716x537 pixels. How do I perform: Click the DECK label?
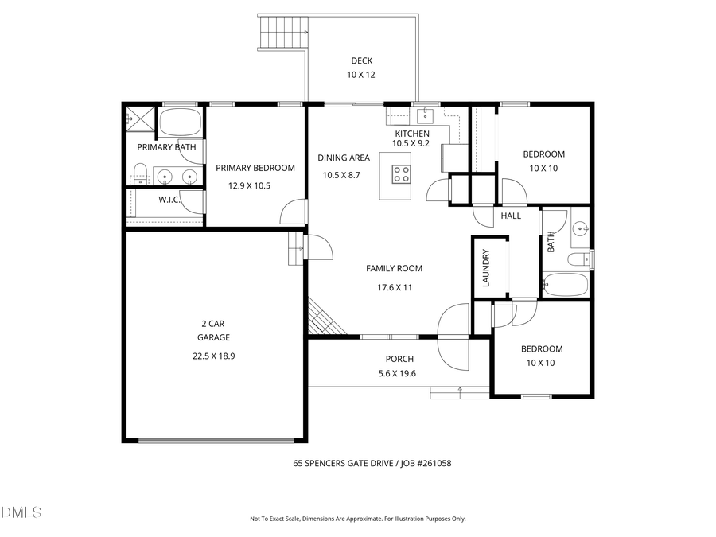pyautogui.click(x=361, y=61)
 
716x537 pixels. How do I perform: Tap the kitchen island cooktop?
pyautogui.click(x=400, y=173)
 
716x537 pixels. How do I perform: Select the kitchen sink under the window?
pyautogui.click(x=426, y=114)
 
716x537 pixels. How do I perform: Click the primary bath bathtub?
pyautogui.click(x=180, y=123)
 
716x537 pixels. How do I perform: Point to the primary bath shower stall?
pyautogui.click(x=141, y=120)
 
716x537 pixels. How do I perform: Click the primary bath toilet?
pyautogui.click(x=139, y=174)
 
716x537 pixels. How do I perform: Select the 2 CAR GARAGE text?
pyautogui.click(x=213, y=330)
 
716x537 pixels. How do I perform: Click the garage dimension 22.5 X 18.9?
pyautogui.click(x=213, y=356)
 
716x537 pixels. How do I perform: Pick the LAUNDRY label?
pyautogui.click(x=486, y=268)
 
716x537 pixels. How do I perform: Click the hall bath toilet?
pyautogui.click(x=579, y=259)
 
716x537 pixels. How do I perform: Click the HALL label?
pyautogui.click(x=511, y=216)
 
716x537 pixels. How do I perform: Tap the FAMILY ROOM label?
pyautogui.click(x=394, y=269)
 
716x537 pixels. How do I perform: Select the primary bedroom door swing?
pyautogui.click(x=293, y=212)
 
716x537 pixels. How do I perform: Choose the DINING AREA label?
pyautogui.click(x=344, y=158)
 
